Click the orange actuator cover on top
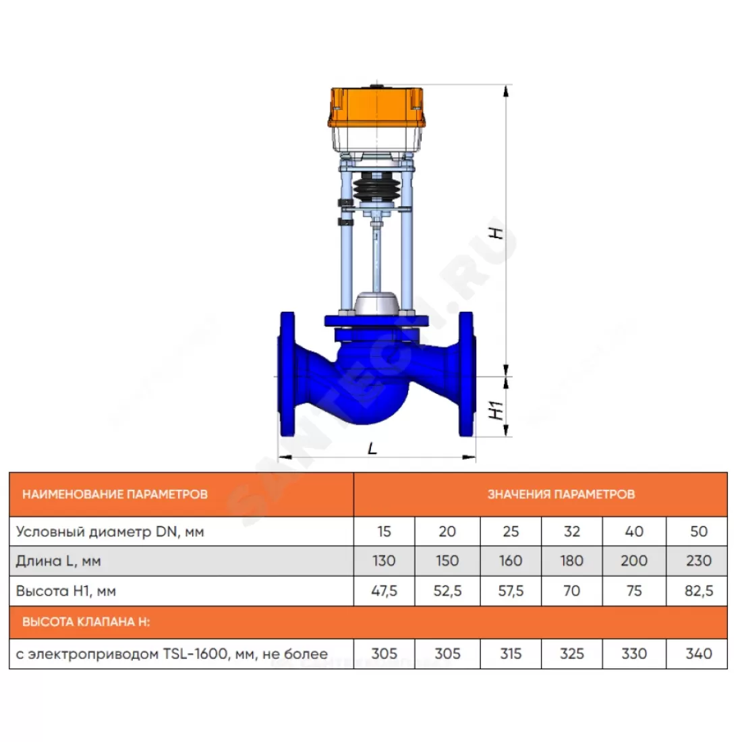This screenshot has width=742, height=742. (376, 107)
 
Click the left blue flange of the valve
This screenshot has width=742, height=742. (287, 374)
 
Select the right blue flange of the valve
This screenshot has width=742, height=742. (467, 374)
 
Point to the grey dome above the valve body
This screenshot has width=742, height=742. (376, 303)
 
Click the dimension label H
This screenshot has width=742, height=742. (496, 233)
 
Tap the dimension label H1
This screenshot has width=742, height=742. (496, 410)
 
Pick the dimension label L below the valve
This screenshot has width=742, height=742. (373, 448)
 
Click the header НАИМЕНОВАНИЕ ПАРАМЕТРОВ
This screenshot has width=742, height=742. (115, 494)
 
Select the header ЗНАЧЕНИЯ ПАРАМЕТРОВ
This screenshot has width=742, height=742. (561, 494)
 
